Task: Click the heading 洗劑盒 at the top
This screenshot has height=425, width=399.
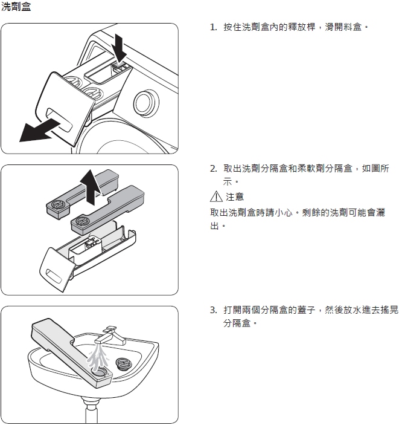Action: [16, 7]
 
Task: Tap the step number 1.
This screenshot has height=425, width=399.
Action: [214, 27]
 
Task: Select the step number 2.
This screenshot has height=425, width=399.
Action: [214, 169]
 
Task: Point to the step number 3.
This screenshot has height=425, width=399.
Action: [214, 310]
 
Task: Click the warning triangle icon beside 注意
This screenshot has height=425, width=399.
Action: [216, 196]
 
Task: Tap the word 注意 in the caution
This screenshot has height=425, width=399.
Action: [235, 196]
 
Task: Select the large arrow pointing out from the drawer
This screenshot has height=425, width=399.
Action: [40, 131]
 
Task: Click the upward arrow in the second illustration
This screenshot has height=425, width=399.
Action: [92, 187]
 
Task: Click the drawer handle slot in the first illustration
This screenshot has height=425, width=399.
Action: [60, 119]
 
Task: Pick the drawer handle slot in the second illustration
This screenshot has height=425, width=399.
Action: [56, 276]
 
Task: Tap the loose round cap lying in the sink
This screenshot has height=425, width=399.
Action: [123, 363]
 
